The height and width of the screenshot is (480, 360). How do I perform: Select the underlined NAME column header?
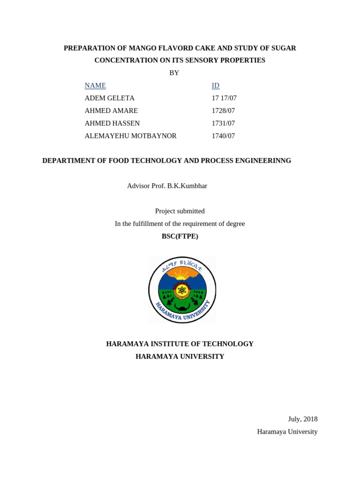(x=95, y=85)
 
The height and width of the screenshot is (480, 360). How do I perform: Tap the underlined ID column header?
(x=216, y=85)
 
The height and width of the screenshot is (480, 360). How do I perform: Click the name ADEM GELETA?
(x=109, y=98)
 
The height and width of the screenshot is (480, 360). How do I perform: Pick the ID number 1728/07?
(x=223, y=111)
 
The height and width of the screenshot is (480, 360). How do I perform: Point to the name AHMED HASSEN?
(x=112, y=123)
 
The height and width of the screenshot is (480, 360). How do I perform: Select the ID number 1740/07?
(x=223, y=136)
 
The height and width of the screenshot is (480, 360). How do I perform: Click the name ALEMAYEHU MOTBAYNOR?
(x=130, y=136)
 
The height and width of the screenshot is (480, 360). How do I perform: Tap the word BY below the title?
(x=174, y=73)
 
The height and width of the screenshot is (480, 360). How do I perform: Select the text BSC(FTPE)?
(x=180, y=236)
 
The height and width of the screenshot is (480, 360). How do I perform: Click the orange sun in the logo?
(x=182, y=274)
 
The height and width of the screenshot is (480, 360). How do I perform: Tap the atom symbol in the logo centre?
(x=182, y=290)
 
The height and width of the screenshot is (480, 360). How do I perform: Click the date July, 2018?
(x=302, y=419)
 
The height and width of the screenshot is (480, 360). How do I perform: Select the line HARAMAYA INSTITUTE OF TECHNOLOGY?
(x=180, y=344)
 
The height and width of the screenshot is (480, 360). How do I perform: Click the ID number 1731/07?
(x=223, y=123)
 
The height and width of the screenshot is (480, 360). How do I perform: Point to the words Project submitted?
(x=180, y=211)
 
